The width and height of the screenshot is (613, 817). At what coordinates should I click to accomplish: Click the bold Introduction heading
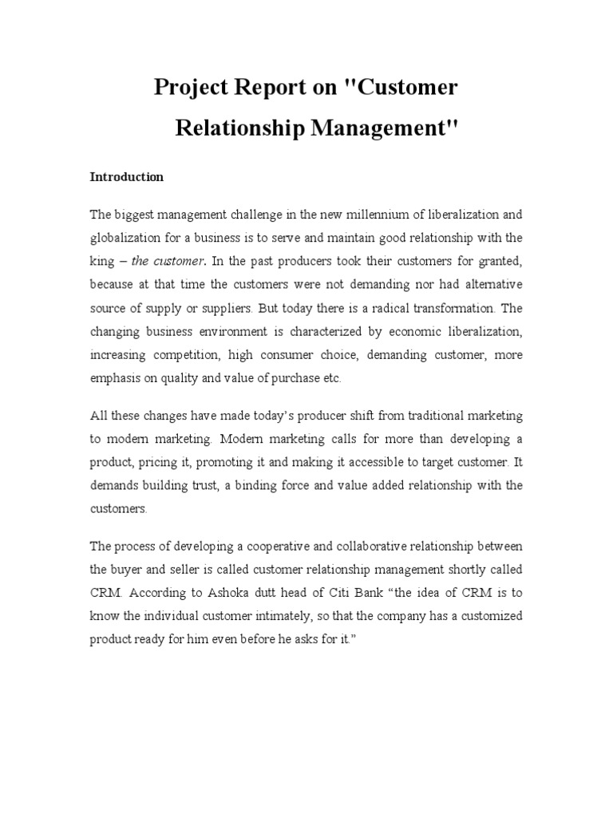[x=126, y=177]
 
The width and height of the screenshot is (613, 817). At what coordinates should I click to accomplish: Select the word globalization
[x=128, y=237]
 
